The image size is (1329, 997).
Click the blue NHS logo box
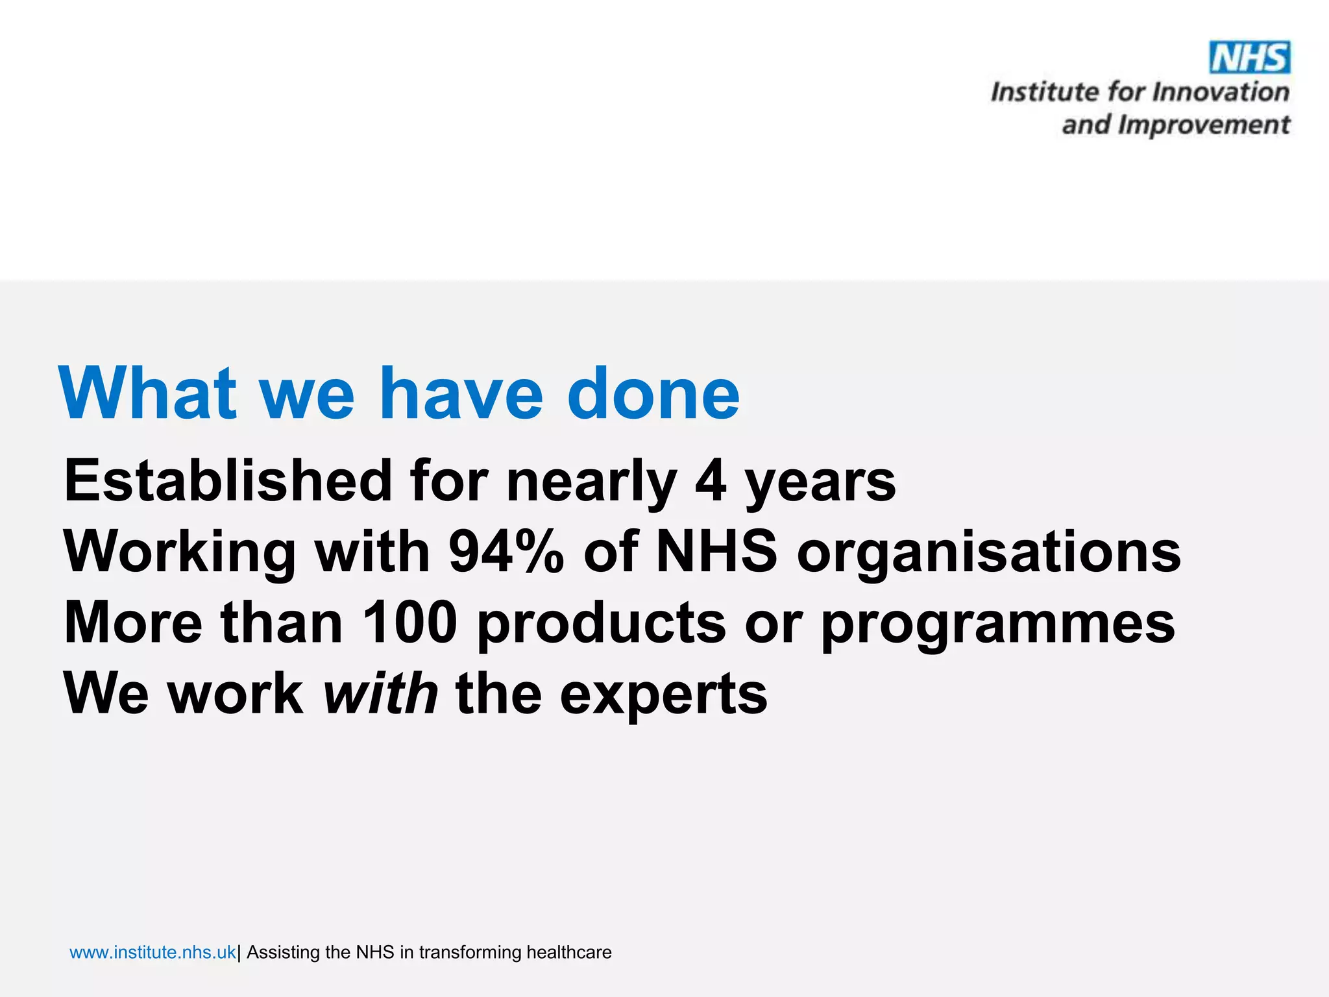pos(1250,58)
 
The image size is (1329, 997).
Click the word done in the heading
pos(653,393)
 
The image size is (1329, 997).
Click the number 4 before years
pos(710,481)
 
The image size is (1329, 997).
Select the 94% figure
pos(506,552)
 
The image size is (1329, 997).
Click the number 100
pos(409,622)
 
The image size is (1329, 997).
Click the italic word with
pos(381,693)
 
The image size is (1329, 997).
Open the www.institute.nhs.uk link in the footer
pos(152,952)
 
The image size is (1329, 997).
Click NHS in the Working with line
pos(716,552)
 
